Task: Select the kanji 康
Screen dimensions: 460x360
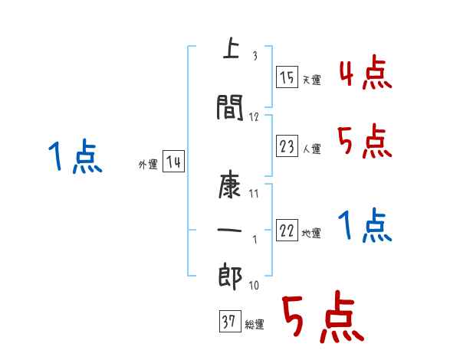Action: (x=229, y=185)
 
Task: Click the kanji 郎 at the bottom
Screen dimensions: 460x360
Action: (x=229, y=277)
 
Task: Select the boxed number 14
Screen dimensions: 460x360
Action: (x=173, y=162)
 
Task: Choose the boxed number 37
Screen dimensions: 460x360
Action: (x=228, y=322)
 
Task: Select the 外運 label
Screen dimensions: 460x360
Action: (x=148, y=165)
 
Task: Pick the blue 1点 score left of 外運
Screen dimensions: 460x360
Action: (x=74, y=157)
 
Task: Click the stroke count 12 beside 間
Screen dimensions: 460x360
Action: (x=255, y=116)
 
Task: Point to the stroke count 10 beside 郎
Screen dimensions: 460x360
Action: (x=253, y=286)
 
